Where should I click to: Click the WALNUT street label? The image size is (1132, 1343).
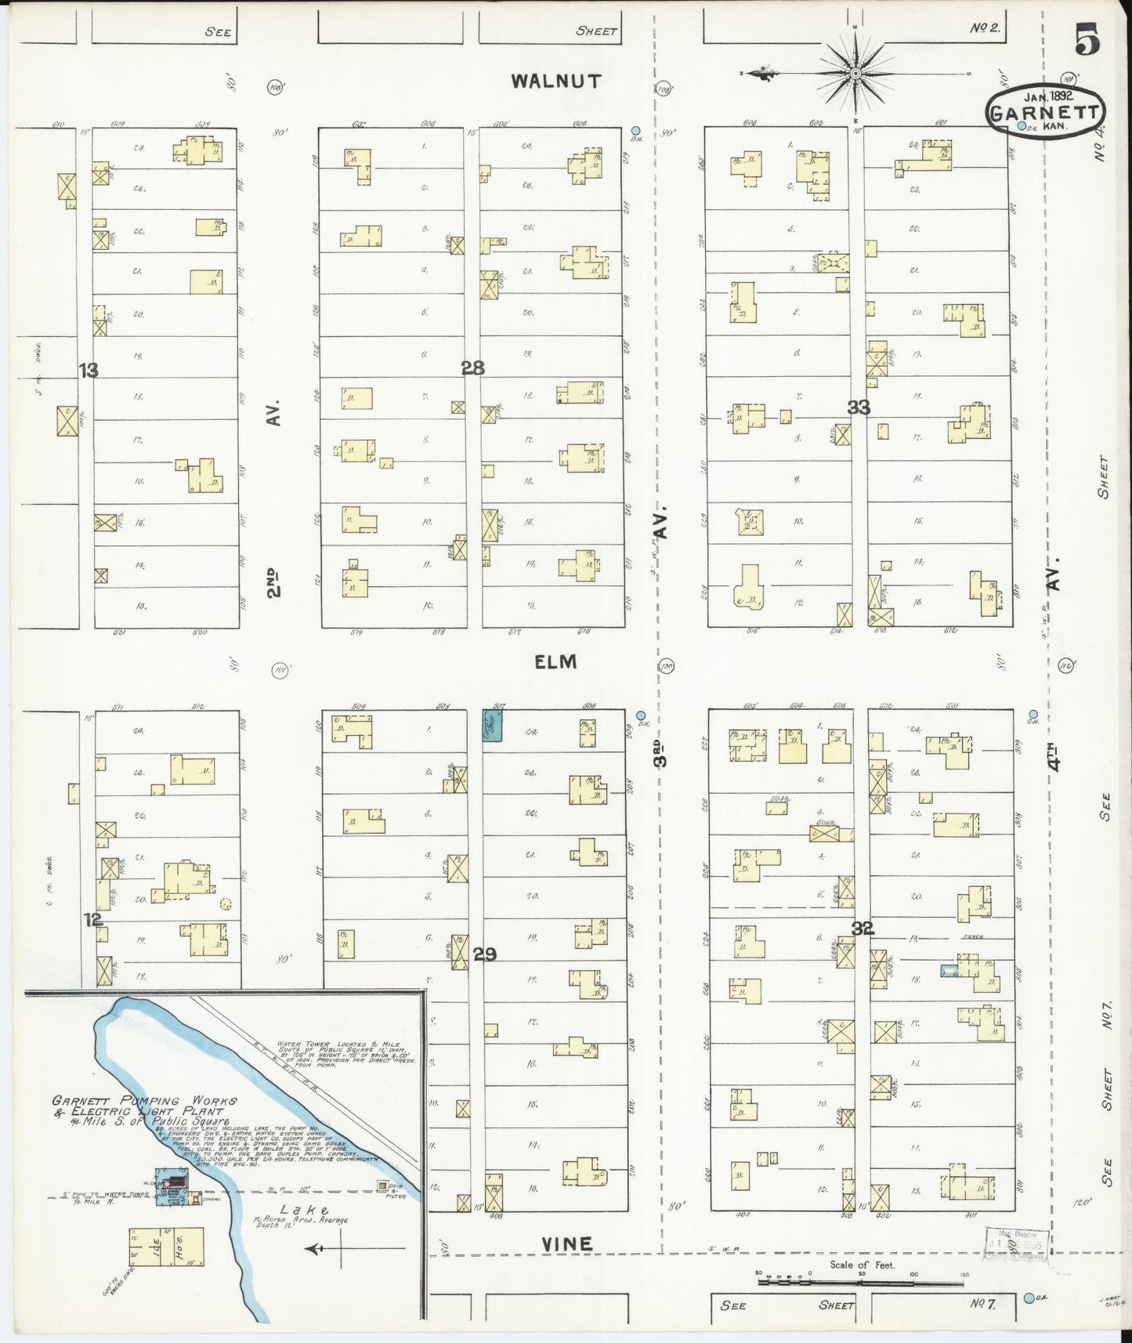[x=556, y=81]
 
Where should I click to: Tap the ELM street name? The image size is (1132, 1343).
[x=555, y=662]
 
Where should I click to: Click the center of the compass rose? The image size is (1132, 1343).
[x=856, y=74]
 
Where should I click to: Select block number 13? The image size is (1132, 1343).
[x=88, y=370]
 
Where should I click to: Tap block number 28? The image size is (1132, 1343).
[x=473, y=367]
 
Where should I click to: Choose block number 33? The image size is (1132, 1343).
[x=859, y=407]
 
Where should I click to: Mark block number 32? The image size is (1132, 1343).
[x=863, y=929]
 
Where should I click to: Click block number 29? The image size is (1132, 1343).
[x=485, y=954]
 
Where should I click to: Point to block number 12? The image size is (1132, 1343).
[x=93, y=919]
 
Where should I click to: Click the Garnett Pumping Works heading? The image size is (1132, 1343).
[x=145, y=1106]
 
